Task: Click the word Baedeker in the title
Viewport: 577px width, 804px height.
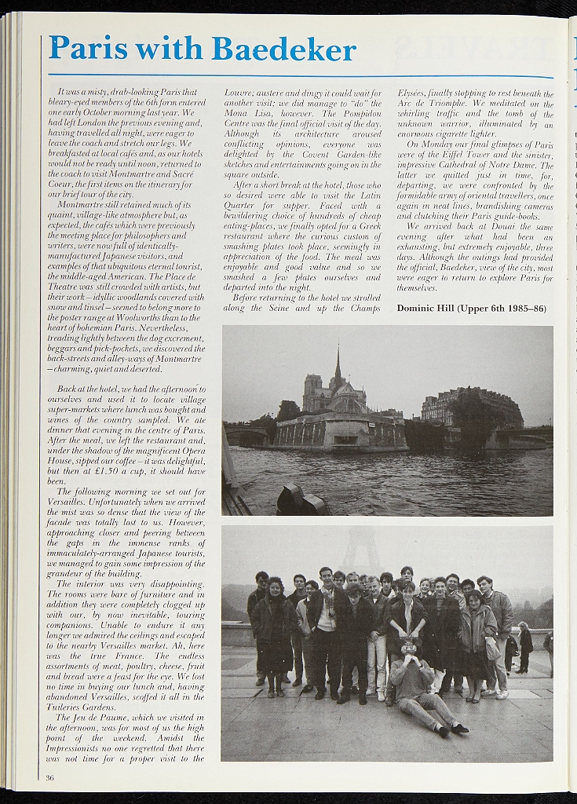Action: coord(283,49)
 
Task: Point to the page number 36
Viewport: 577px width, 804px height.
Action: coord(49,777)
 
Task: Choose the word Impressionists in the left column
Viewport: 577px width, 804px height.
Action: coord(80,748)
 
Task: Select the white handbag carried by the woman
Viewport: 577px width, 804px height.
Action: coord(492,648)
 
